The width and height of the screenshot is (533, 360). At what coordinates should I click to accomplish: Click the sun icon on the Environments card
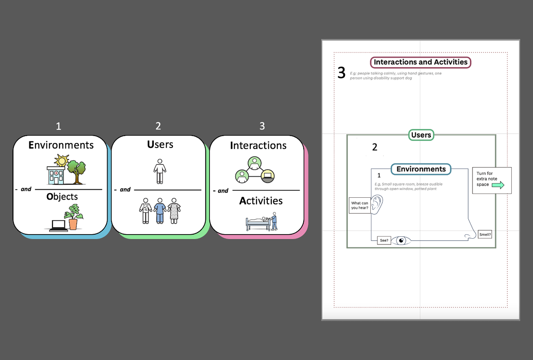point(61,160)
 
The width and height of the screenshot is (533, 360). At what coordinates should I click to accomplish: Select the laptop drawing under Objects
point(58,225)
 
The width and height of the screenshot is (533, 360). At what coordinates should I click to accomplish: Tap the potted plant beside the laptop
point(72,217)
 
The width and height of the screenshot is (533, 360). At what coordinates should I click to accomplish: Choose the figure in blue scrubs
point(160,211)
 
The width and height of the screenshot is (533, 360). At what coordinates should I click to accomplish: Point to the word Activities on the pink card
point(261,201)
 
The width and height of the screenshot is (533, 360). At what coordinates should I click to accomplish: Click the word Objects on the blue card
point(62,196)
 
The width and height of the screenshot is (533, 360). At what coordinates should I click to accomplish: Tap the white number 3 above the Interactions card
point(262,126)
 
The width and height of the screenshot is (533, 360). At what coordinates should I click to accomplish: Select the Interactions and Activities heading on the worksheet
point(421,62)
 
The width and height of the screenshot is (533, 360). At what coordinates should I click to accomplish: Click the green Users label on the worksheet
point(421,135)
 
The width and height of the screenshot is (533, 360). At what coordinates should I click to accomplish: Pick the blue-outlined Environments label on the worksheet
point(421,169)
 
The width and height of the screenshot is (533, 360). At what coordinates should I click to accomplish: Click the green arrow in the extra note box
point(498,185)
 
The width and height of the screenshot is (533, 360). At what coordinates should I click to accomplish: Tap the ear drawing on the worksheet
point(377,204)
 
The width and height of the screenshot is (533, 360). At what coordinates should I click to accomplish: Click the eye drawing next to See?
point(401,241)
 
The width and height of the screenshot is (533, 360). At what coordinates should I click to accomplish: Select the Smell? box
point(485,235)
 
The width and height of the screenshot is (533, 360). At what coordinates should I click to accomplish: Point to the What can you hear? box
point(360,205)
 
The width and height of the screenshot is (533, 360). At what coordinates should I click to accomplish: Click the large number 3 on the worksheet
point(341,73)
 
